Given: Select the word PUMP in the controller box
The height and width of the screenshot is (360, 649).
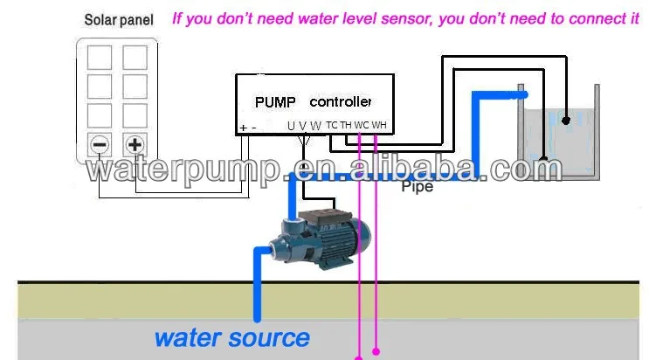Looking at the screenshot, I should tap(276, 101).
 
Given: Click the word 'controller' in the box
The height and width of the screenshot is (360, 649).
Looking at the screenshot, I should tap(341, 101).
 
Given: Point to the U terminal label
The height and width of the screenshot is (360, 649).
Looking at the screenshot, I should tap(291, 126).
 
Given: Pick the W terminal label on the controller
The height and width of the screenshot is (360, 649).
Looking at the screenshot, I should tap(315, 126).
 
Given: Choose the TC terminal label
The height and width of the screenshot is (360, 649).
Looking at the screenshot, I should tap(332, 126).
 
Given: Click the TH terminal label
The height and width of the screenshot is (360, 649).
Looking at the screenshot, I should tap(346, 126).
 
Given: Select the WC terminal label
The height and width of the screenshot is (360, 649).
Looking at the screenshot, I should tap(362, 126).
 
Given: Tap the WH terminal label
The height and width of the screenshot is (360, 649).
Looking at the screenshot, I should tap(379, 126).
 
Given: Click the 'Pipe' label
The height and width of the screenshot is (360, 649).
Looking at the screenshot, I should tap(417, 186).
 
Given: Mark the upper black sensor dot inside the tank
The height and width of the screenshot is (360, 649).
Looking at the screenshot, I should tap(566, 119).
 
